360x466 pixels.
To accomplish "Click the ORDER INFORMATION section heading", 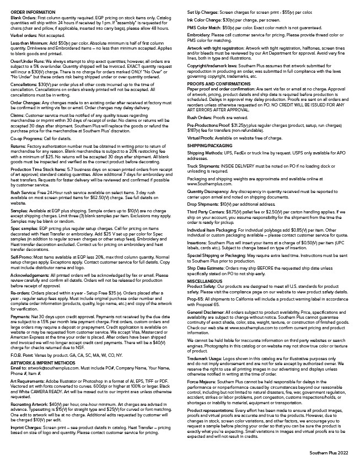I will point(29,11).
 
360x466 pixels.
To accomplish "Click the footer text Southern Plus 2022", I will point(329,452).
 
